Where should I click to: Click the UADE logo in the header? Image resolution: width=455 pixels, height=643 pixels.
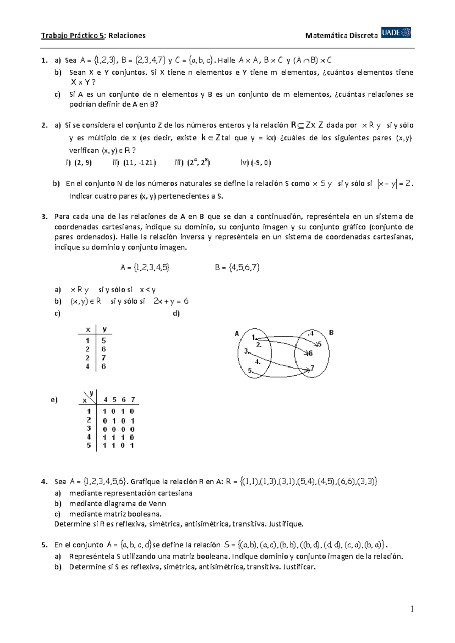point(396,33)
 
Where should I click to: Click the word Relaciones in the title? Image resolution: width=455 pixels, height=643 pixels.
point(127,36)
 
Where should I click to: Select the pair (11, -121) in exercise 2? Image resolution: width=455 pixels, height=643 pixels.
point(139,163)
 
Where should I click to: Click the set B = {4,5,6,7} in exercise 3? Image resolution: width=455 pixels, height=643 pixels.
point(237,268)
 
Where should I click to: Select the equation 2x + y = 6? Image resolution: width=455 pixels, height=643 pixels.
point(171,301)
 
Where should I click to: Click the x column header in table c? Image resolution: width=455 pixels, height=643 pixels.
point(88,329)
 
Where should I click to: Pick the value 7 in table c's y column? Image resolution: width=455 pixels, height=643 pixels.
point(104,358)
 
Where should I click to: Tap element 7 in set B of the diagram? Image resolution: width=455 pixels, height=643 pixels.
point(312,368)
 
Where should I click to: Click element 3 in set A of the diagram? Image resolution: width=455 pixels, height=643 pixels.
point(246,351)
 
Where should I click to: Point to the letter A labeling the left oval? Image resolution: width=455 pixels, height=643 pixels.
point(237,334)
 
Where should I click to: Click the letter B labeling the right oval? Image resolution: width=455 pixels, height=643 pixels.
point(331,333)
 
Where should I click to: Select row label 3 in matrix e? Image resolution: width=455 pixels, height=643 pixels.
point(89,428)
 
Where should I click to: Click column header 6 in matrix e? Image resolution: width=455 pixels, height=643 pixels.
point(124,400)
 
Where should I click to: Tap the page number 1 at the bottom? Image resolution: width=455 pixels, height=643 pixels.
point(412,609)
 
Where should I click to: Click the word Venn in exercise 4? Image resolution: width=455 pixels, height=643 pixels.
point(157,504)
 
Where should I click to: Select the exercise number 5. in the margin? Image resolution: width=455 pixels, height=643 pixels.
point(45,545)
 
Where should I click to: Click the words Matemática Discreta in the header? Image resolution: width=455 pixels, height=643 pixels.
point(341,36)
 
